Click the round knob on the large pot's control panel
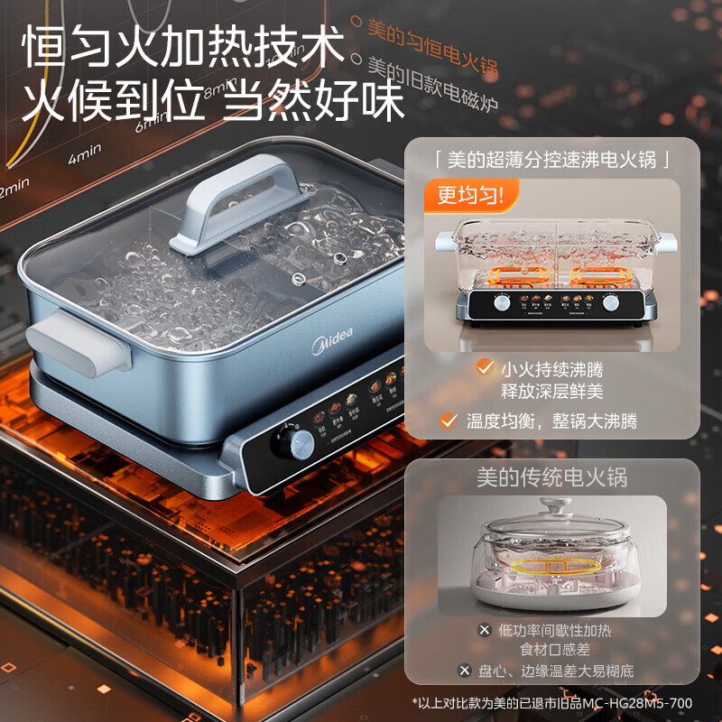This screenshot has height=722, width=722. click(x=301, y=442)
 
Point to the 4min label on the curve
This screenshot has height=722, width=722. click(x=85, y=156)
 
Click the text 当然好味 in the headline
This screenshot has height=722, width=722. click(x=313, y=102)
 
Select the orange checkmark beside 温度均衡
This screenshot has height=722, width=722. click(x=446, y=421)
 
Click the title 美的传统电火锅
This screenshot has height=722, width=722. click(x=551, y=477)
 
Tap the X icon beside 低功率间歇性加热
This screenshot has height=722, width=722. click(x=485, y=630)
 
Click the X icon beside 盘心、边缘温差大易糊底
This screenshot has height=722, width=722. click(x=464, y=670)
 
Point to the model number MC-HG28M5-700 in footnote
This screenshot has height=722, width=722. click(x=642, y=702)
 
